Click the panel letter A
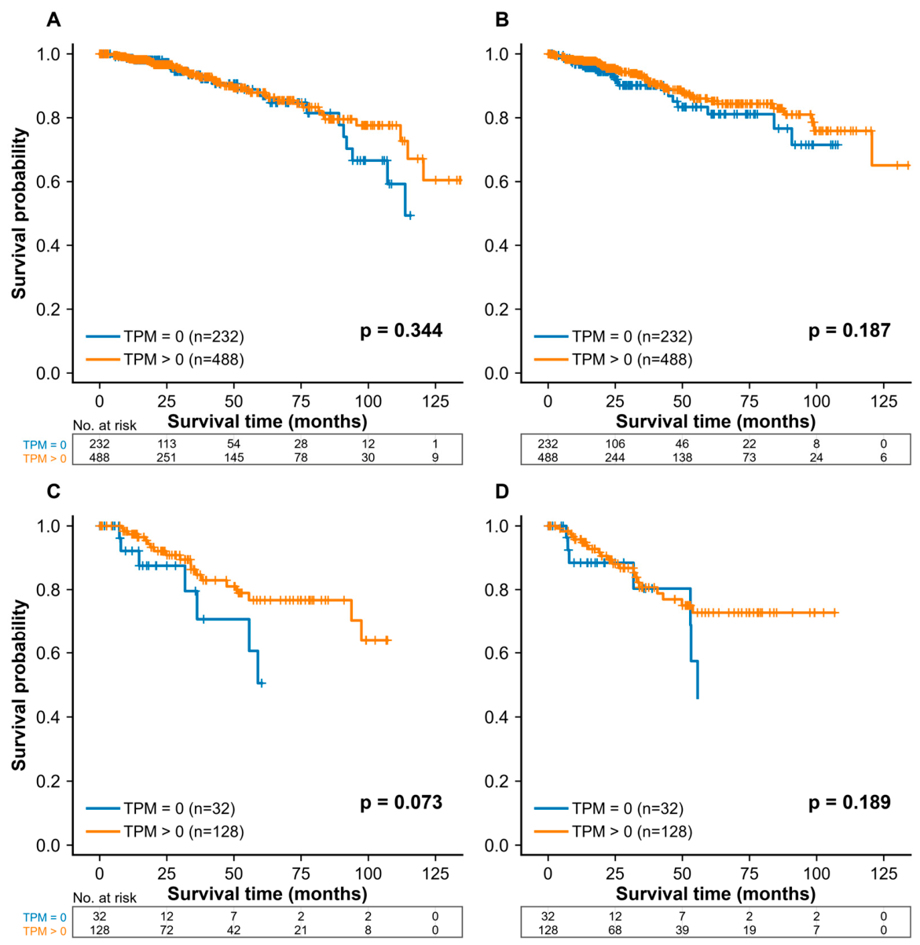click(x=53, y=20)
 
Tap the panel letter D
click(x=501, y=492)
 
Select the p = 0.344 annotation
click(x=401, y=331)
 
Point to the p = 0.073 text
click(x=401, y=803)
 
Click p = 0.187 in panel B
click(x=849, y=331)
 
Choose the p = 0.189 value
click(x=849, y=803)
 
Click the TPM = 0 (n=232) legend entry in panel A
click(x=165, y=336)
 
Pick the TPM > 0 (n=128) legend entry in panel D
click(x=614, y=831)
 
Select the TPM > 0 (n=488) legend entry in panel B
click(x=614, y=360)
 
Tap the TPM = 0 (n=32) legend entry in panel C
click(x=161, y=808)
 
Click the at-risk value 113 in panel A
click(x=167, y=444)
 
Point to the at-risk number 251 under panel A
click(x=167, y=457)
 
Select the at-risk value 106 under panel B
click(x=615, y=444)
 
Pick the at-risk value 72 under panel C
click(x=167, y=929)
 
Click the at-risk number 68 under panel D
click(x=615, y=929)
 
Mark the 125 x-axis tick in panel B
click(x=884, y=401)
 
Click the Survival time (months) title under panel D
click(x=716, y=893)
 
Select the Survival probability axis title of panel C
click(x=20, y=685)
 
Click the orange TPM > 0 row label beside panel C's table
click(x=45, y=929)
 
